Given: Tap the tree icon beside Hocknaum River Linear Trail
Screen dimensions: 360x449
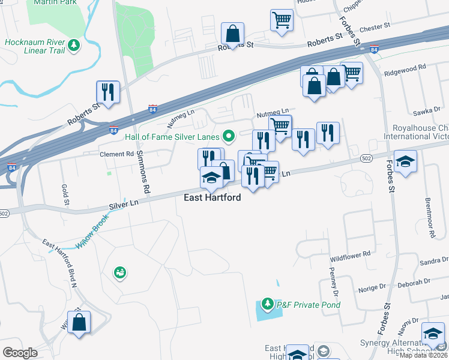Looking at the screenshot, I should point(73,45).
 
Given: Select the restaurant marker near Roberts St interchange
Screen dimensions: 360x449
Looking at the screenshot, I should point(108,92).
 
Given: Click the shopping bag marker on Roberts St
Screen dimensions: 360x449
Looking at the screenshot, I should point(232,34).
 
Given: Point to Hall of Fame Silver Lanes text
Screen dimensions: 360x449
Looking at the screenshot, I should point(173,136).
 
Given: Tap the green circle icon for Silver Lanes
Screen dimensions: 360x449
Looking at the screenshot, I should point(228,136).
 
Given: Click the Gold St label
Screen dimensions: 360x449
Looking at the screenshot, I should point(65,193).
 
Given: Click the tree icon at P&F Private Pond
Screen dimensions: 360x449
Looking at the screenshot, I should point(267,305).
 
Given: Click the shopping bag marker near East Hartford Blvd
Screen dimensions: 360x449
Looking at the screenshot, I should point(79,322).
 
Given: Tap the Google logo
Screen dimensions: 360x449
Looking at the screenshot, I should point(20,353).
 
